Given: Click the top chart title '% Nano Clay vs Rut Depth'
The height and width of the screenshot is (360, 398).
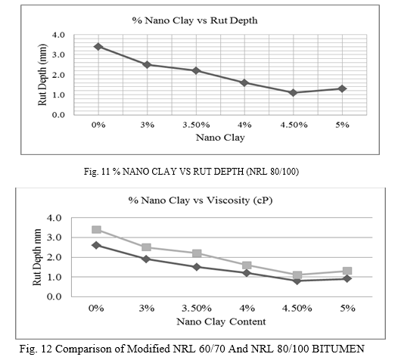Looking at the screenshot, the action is point(194,20).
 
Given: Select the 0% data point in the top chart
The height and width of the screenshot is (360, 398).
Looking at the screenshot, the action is point(98,46).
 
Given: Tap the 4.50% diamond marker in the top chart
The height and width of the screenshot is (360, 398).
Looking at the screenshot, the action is point(293,92).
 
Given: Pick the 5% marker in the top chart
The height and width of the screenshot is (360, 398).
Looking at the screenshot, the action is point(342,88).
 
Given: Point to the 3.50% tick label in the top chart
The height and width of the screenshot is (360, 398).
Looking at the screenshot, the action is point(196,125).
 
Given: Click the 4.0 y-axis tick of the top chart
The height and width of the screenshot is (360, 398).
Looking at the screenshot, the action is point(58,35).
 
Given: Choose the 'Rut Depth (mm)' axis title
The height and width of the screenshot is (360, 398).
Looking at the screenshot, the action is point(42,75).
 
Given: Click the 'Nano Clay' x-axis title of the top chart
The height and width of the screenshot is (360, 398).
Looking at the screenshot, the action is point(220,138).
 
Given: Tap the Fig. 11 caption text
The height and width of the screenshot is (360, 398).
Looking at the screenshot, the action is point(191,172).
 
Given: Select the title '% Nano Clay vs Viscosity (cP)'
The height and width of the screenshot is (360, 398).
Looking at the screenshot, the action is point(201,200).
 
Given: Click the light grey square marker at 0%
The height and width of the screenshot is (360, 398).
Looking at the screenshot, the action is point(96,230).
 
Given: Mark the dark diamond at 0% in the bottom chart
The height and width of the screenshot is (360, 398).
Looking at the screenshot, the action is point(96,245).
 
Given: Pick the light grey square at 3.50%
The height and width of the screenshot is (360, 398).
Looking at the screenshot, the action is point(197,253).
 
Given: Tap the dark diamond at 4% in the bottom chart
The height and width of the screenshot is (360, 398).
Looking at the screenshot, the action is point(247,273).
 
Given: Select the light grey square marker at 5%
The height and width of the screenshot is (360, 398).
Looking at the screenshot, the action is point(347,271).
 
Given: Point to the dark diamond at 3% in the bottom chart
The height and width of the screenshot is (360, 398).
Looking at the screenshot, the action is point(147,259).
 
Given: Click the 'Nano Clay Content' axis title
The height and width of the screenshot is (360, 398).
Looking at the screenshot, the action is point(221,321).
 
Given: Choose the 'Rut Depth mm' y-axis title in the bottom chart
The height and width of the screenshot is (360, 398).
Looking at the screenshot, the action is point(37,257).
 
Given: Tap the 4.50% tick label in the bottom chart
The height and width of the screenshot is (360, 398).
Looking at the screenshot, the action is point(297,309).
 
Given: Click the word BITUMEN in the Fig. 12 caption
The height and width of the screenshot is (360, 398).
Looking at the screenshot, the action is point(337,349).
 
